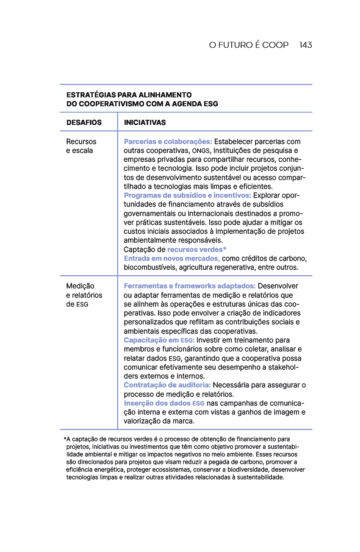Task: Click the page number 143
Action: point(305,45)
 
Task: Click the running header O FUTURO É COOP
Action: point(249,45)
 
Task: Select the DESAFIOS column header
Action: point(84,122)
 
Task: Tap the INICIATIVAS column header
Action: point(145,122)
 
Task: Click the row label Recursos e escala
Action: point(81,146)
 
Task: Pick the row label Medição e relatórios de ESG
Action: point(84,295)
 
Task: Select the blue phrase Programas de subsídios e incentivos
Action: point(187,196)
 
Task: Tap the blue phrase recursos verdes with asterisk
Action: point(197,249)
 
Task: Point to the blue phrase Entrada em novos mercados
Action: point(172,258)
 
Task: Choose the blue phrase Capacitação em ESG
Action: point(159,340)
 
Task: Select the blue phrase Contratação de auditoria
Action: point(167,385)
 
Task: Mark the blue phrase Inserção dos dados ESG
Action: point(164,403)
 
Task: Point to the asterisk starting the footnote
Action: point(65,439)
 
